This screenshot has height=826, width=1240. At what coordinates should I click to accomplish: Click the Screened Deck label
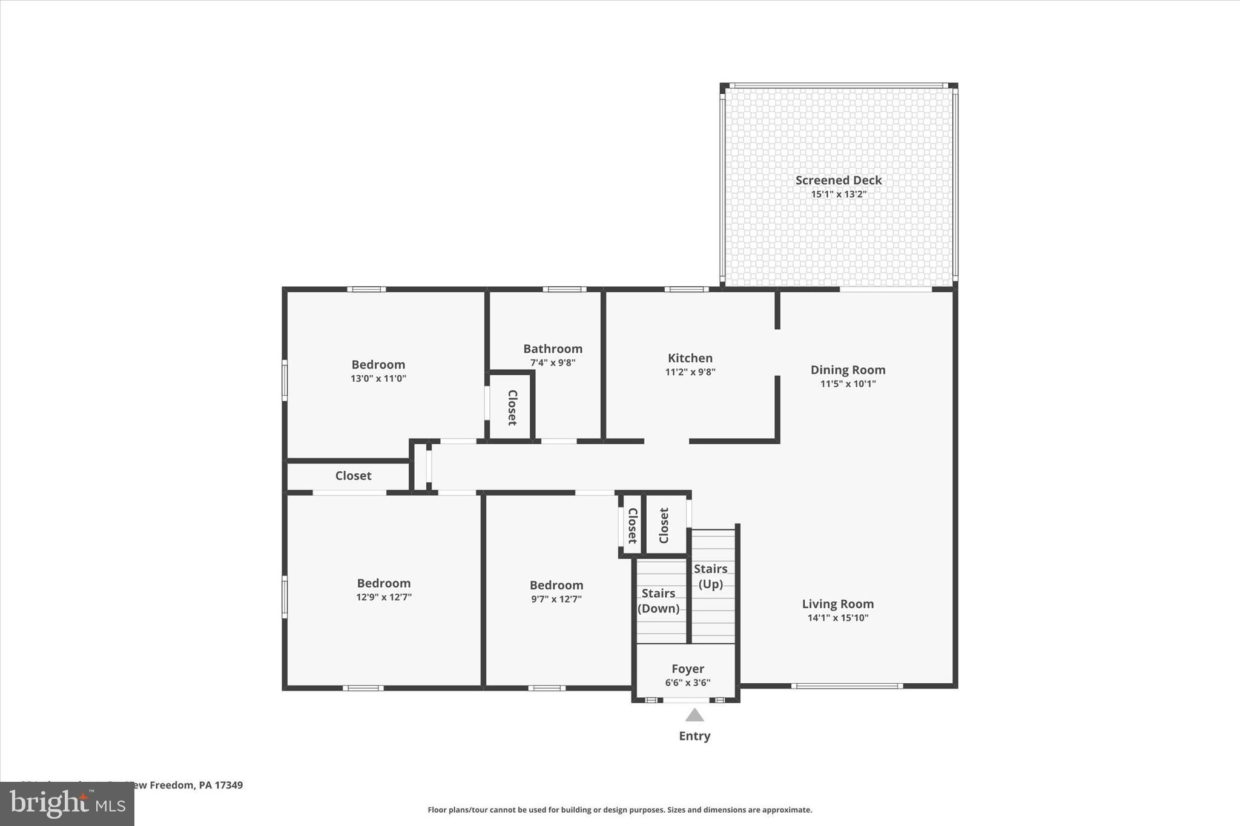click(x=838, y=180)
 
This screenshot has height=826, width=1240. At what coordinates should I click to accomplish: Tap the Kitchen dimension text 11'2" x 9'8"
click(x=690, y=372)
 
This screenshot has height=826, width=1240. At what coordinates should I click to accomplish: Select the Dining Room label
click(x=848, y=370)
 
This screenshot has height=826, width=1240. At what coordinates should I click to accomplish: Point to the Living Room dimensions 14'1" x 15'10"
click(x=837, y=618)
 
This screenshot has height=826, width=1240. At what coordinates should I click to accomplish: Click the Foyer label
click(x=687, y=669)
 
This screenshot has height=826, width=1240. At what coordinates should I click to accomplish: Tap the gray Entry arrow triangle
click(x=694, y=716)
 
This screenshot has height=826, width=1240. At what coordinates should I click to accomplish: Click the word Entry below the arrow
click(x=694, y=736)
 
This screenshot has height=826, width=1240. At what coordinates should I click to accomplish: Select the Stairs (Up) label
click(x=710, y=576)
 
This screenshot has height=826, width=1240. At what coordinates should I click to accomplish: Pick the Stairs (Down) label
click(x=658, y=601)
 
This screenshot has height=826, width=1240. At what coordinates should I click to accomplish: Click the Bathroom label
click(x=552, y=349)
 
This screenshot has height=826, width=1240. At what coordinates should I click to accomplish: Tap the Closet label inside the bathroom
click(x=512, y=407)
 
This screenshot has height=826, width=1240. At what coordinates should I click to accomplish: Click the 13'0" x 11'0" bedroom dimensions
click(x=378, y=379)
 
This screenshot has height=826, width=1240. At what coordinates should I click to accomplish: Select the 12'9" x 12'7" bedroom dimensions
click(x=383, y=597)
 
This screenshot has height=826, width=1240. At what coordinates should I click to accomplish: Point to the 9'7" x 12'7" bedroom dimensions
click(x=556, y=599)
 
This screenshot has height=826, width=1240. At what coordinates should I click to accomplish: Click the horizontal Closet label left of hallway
click(x=353, y=476)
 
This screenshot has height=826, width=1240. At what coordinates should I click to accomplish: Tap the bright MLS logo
click(x=67, y=804)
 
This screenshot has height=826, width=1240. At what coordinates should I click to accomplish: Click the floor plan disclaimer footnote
click(x=619, y=810)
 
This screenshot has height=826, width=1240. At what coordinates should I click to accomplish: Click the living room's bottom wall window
click(x=846, y=686)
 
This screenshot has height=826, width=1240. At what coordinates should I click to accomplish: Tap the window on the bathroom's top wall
click(x=564, y=289)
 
